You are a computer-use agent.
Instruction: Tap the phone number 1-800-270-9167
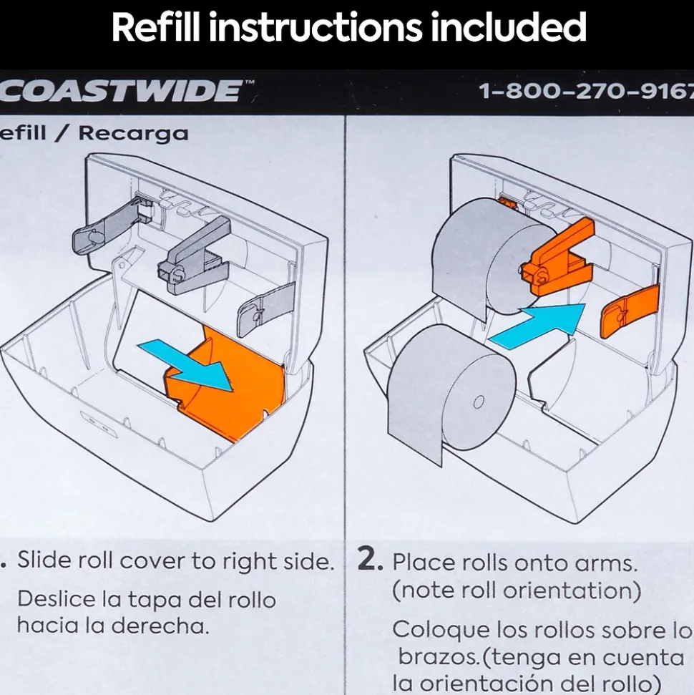(586, 92)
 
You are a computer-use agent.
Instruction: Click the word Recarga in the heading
(133, 134)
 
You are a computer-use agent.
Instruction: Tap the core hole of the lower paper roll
(479, 402)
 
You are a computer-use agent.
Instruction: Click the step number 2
(369, 560)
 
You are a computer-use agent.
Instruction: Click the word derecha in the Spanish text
(160, 626)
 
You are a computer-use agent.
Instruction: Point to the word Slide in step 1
(44, 560)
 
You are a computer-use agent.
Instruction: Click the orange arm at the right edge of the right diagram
(630, 312)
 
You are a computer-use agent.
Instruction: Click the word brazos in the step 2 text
(439, 657)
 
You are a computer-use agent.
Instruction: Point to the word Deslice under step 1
(57, 599)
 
